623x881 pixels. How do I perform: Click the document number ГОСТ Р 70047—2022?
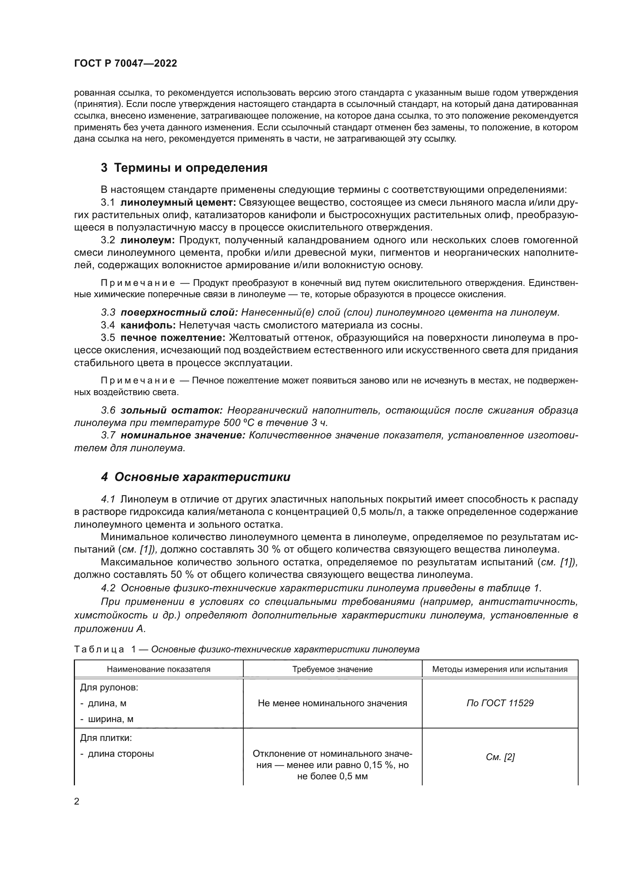125,64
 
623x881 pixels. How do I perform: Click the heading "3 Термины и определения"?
184,168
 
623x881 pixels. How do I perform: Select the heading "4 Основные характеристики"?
195,477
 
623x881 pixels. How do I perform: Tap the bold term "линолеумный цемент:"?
178,202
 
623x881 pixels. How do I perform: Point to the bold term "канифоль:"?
148,325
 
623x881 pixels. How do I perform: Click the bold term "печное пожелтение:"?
173,337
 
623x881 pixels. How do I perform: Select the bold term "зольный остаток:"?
171,410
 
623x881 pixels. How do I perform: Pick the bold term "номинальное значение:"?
183,435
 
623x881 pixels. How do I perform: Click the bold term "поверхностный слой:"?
179,312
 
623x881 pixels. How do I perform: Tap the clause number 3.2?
108,240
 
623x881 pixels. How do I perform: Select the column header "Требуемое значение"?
332,669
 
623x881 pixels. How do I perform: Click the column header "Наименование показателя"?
159,669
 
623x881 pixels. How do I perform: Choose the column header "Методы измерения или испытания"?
499,669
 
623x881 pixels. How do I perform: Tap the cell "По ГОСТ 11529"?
499,703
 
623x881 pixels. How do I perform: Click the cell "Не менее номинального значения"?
332,703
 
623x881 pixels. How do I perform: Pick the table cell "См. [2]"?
500,757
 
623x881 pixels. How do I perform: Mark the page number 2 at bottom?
77,802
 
